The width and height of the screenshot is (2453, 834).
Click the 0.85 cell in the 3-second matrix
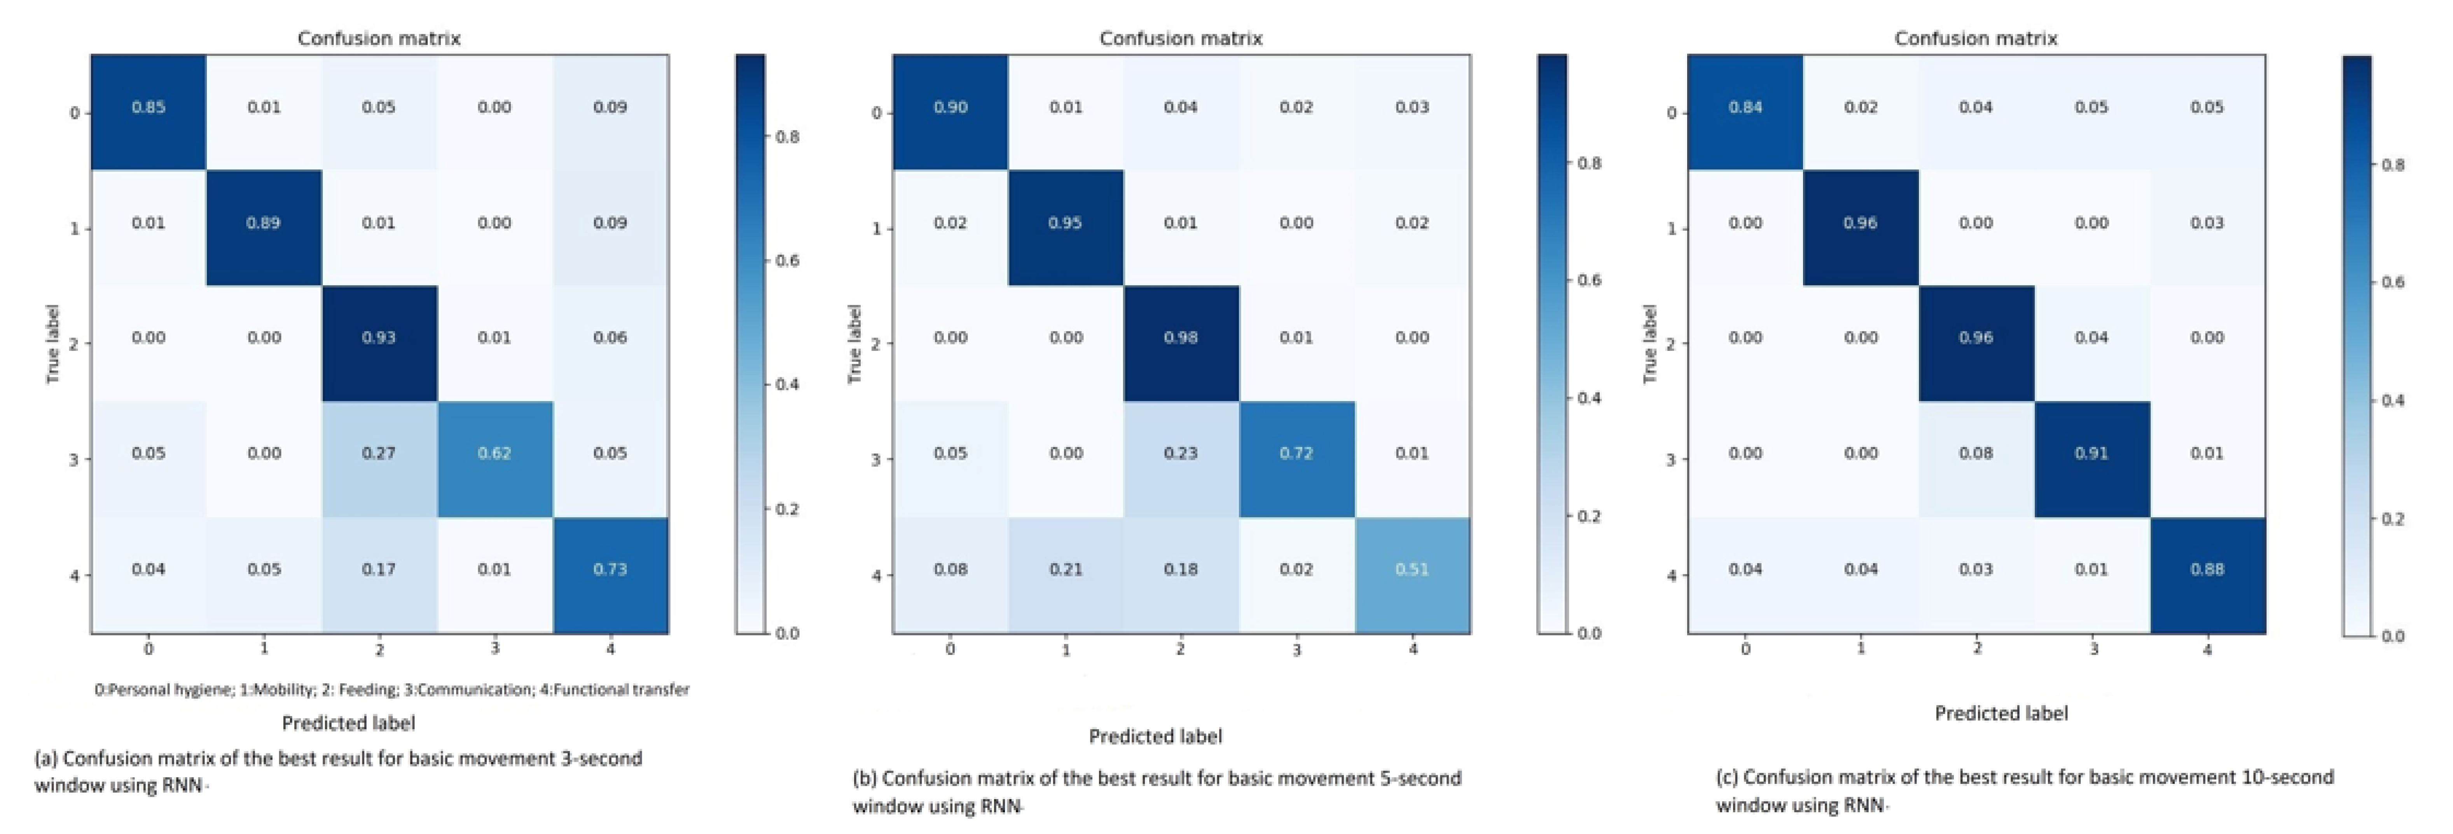point(149,108)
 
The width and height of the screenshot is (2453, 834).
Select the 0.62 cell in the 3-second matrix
point(494,453)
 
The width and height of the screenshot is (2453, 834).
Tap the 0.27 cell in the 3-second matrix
point(379,453)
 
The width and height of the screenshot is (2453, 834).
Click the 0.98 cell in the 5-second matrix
point(1181,338)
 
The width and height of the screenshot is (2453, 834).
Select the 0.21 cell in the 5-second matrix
point(1066,569)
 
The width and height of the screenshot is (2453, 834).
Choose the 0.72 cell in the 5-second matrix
point(1296,453)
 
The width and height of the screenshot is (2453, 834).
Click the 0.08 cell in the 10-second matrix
point(1976,453)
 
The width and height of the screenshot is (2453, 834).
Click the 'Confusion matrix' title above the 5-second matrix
point(1181,39)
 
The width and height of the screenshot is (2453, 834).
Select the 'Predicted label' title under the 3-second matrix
point(349,724)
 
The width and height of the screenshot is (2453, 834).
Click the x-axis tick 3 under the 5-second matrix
point(1296,650)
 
